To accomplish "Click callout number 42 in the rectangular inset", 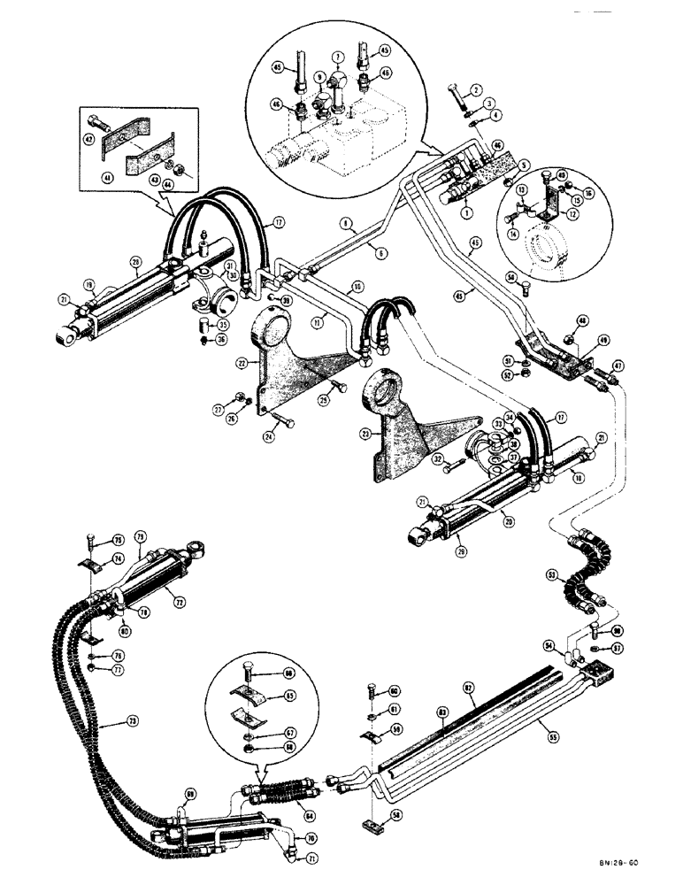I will pos(90,138).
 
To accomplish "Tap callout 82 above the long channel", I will pos(467,685).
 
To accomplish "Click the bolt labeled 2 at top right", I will pos(451,94).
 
